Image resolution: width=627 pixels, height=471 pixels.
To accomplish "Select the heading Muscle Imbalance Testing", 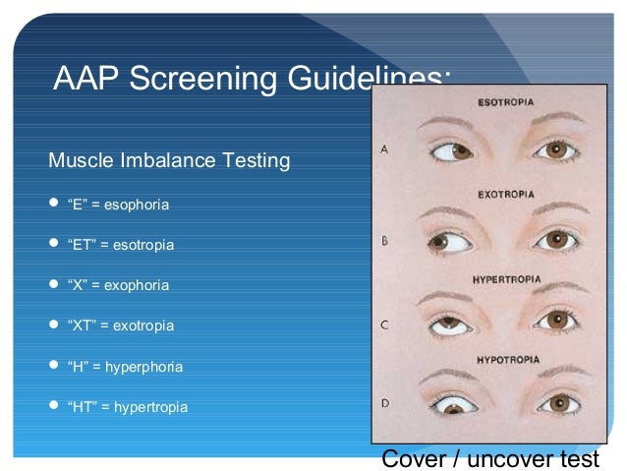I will tap(169, 159).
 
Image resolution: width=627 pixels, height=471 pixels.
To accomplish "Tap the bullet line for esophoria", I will tap(118, 205).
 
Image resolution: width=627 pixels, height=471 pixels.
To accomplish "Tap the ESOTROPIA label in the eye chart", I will tap(506, 102).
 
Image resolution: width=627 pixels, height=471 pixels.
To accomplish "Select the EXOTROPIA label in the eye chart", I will tap(506, 195).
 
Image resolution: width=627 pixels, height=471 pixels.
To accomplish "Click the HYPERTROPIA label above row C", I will tap(506, 279).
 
